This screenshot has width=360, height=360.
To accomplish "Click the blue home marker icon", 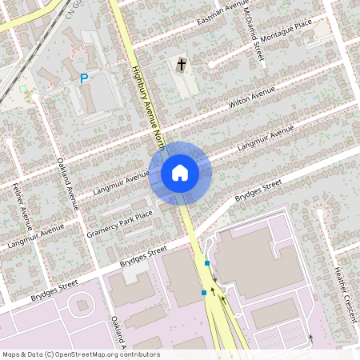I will point(179,173).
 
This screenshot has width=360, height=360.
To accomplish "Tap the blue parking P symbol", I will point(84,79).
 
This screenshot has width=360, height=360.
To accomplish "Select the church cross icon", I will point(181,64).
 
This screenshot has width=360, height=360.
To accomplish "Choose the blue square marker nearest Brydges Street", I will point(207,263).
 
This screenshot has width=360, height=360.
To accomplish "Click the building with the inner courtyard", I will point(80,306).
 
